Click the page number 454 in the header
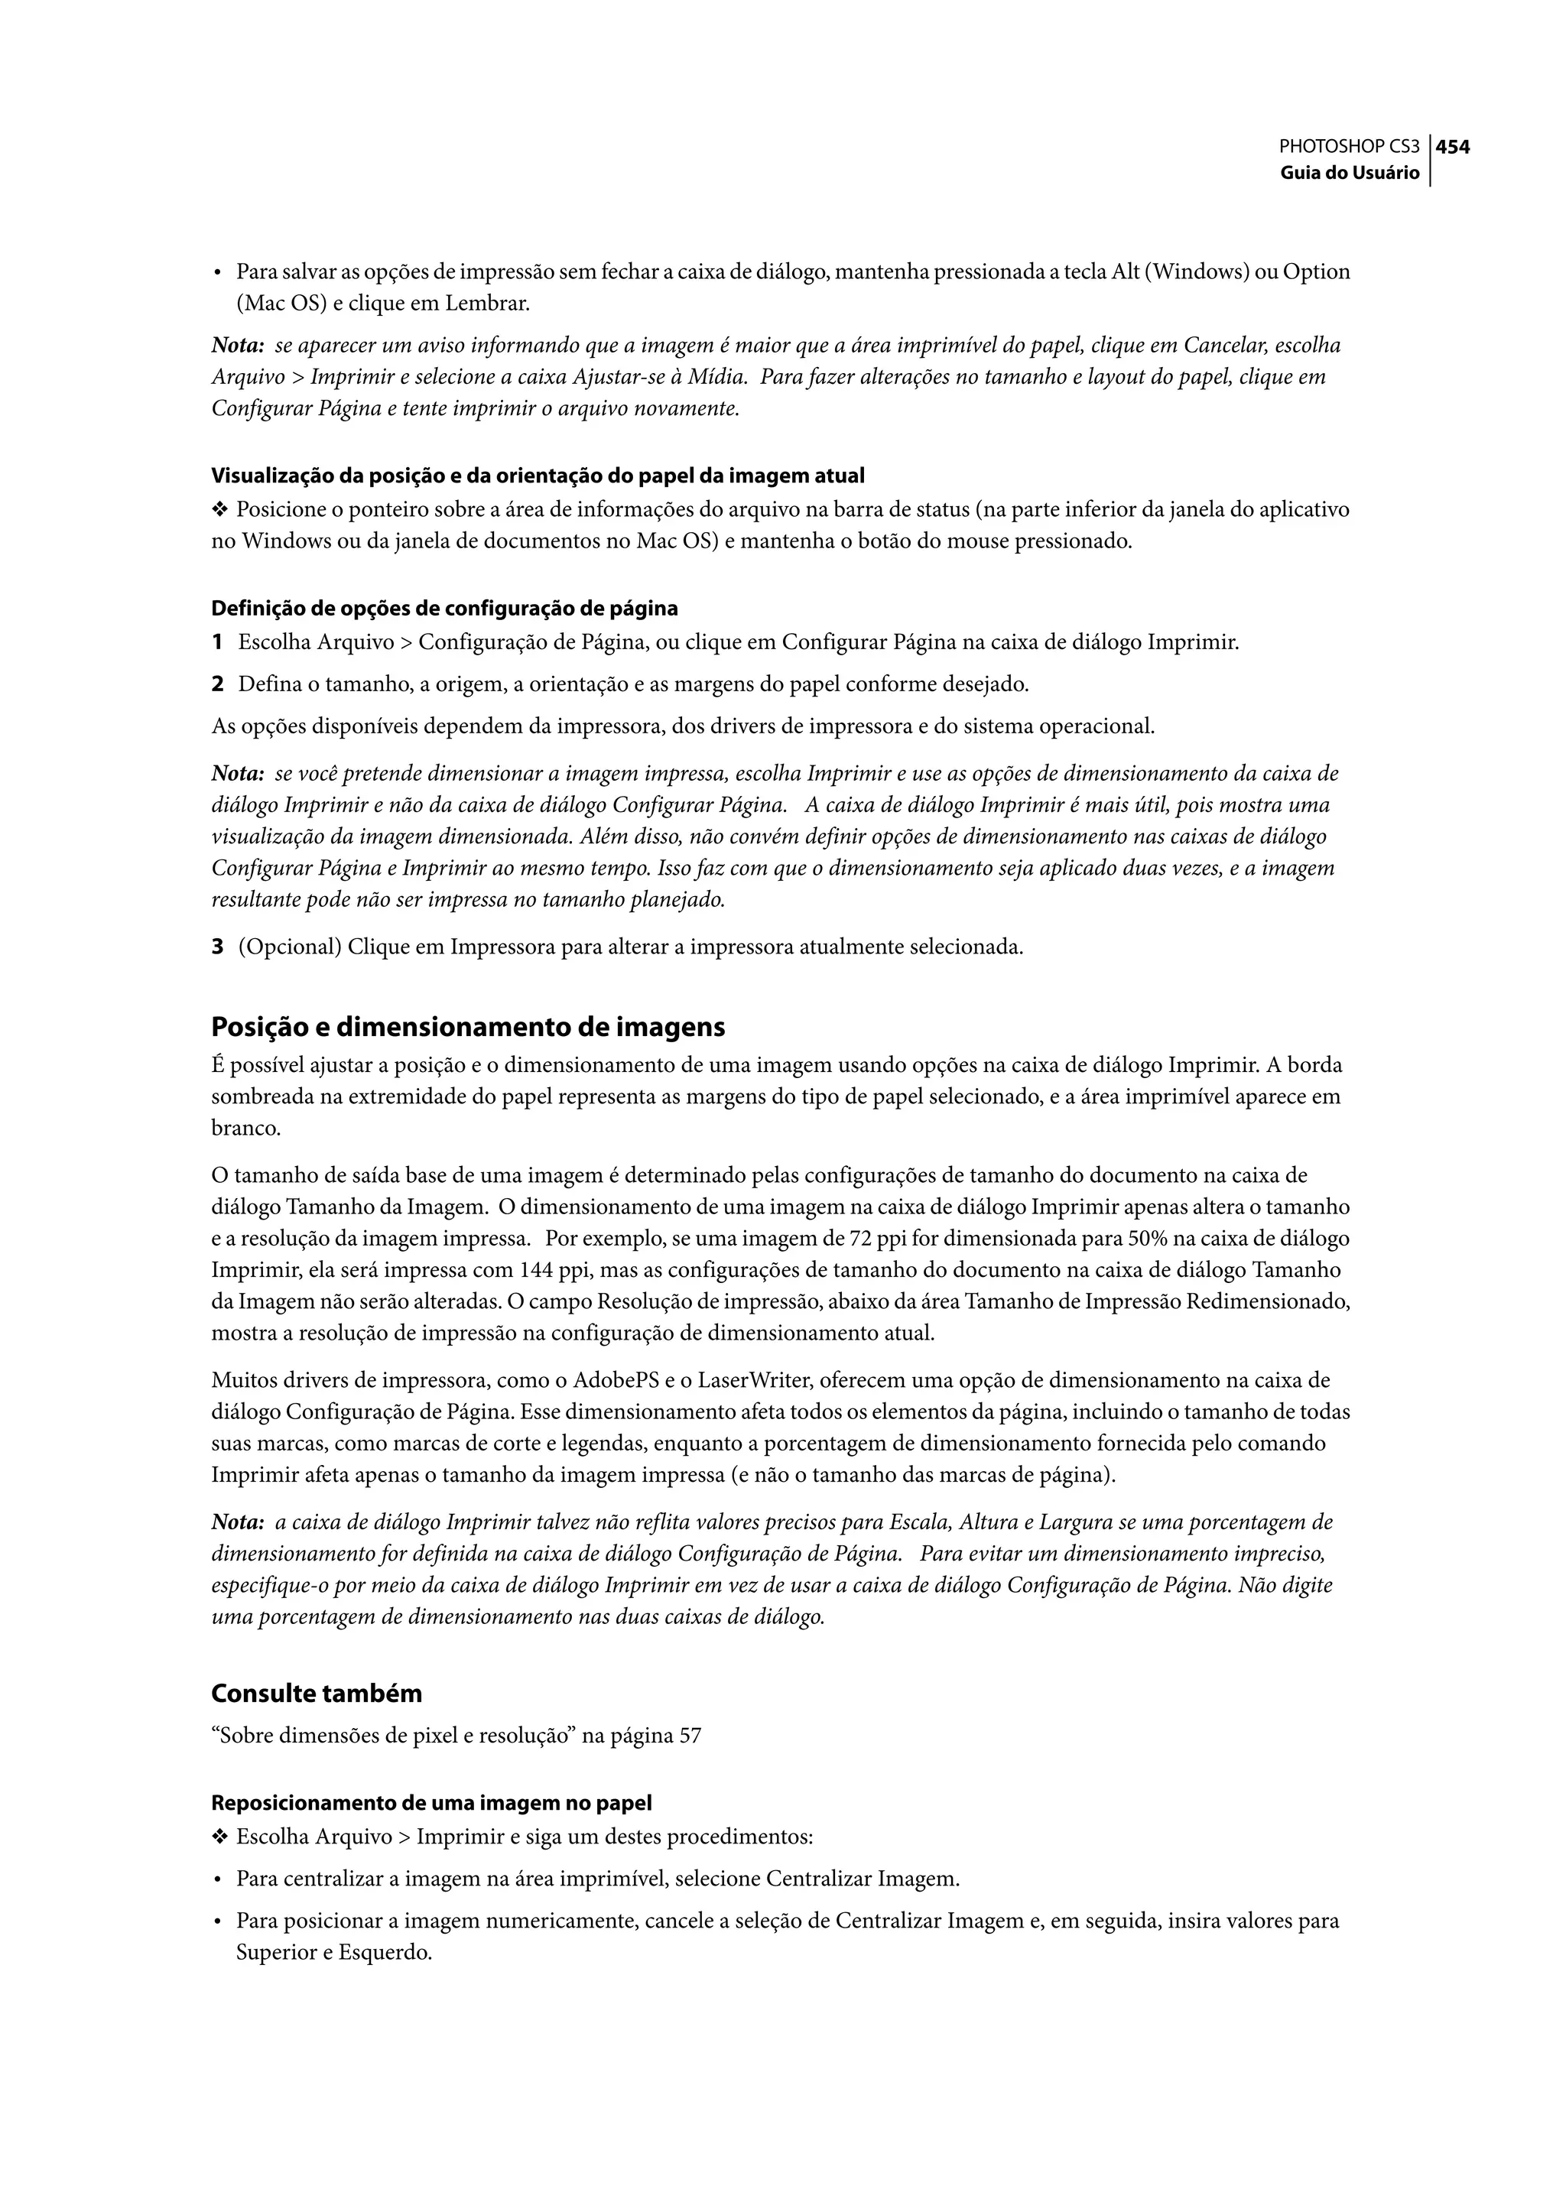click(x=1453, y=148)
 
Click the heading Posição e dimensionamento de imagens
click(x=468, y=1027)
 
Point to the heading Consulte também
click(x=317, y=1694)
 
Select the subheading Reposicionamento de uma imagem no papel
click(x=431, y=1802)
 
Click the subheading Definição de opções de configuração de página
click(x=443, y=609)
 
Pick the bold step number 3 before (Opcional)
click(x=218, y=947)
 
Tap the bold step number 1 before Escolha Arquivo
click(x=218, y=642)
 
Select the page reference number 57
click(x=690, y=1736)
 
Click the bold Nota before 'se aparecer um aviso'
click(x=237, y=345)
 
